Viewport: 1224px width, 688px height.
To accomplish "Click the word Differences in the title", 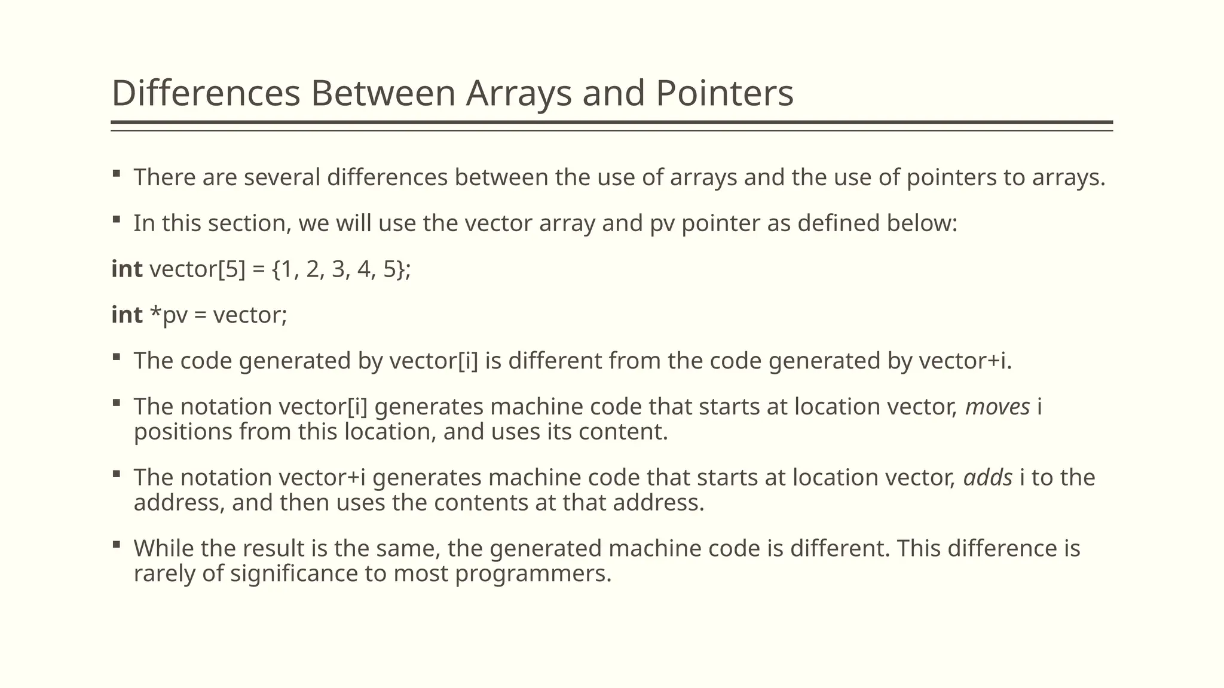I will (x=206, y=94).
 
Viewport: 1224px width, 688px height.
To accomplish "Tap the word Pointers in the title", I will (x=724, y=94).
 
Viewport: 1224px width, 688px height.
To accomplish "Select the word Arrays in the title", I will (x=518, y=94).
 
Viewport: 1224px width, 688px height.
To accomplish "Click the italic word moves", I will (x=997, y=407).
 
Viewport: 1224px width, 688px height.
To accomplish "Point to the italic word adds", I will (x=988, y=478).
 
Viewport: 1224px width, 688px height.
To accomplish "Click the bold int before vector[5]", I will (x=127, y=269).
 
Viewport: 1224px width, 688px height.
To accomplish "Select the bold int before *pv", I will (x=127, y=315).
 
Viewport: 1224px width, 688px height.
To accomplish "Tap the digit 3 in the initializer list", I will (x=339, y=270).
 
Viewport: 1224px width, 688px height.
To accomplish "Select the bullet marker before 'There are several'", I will (x=117, y=174).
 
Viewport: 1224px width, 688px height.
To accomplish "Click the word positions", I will (x=183, y=432).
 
